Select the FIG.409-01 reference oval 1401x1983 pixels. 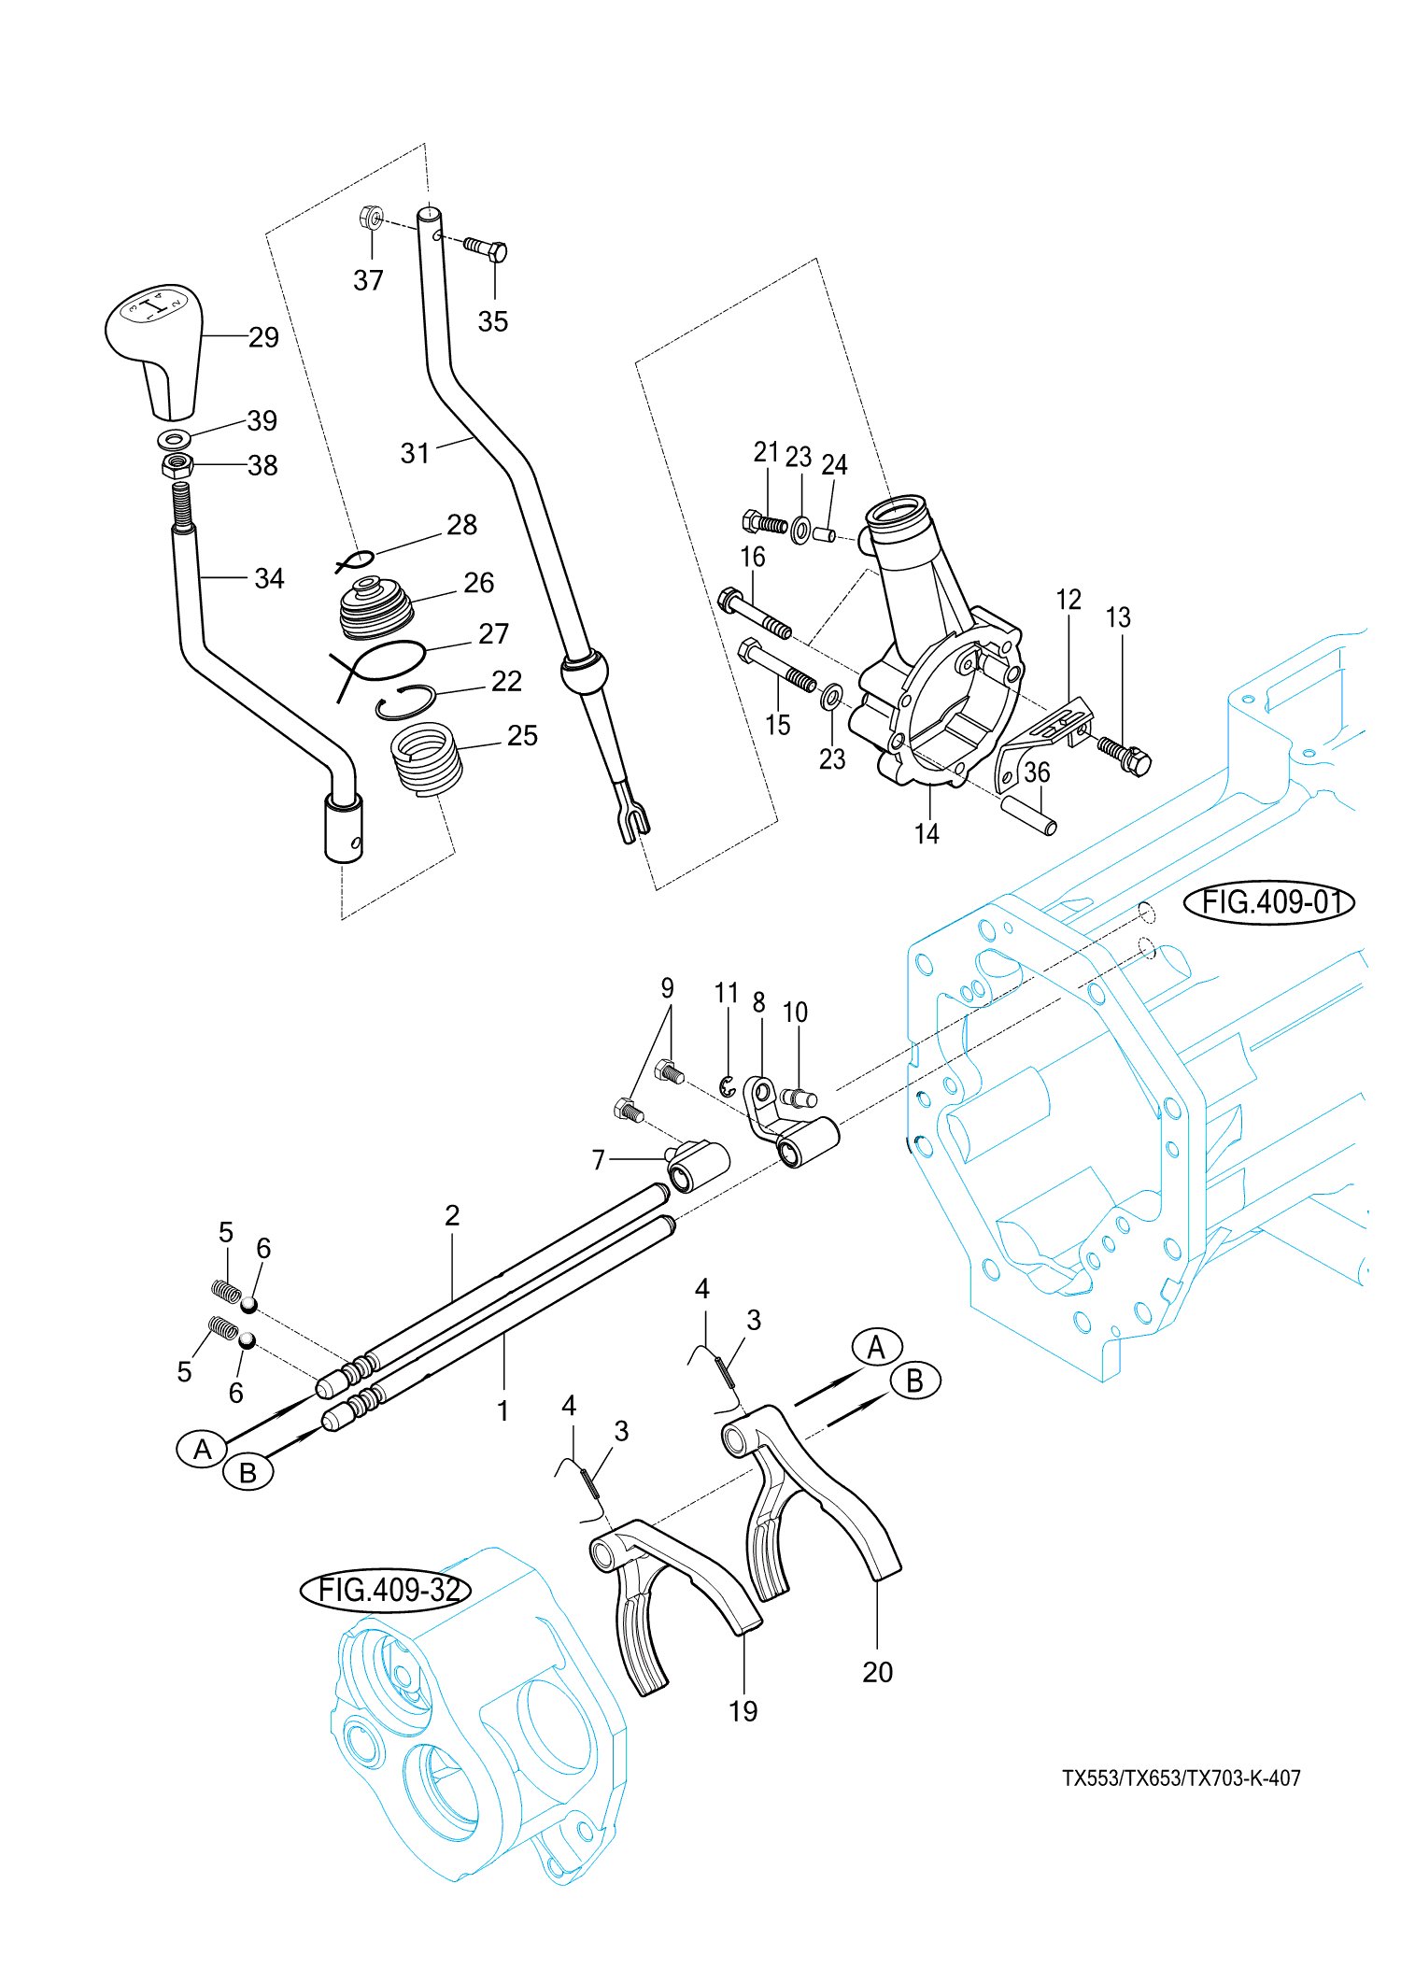point(1268,902)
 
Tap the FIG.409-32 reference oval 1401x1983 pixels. point(385,1590)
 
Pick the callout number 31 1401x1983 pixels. point(415,454)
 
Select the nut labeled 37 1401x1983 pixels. point(371,219)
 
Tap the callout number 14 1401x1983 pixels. point(927,834)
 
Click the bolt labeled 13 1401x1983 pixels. point(1125,755)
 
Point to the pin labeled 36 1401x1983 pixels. point(1028,814)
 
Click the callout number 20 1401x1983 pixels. point(877,1672)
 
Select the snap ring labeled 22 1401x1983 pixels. point(406,702)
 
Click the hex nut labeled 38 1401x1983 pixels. point(177,464)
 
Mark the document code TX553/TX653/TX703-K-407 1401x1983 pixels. point(1182,1778)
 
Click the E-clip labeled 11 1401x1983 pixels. point(728,1086)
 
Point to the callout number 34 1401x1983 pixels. point(269,579)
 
